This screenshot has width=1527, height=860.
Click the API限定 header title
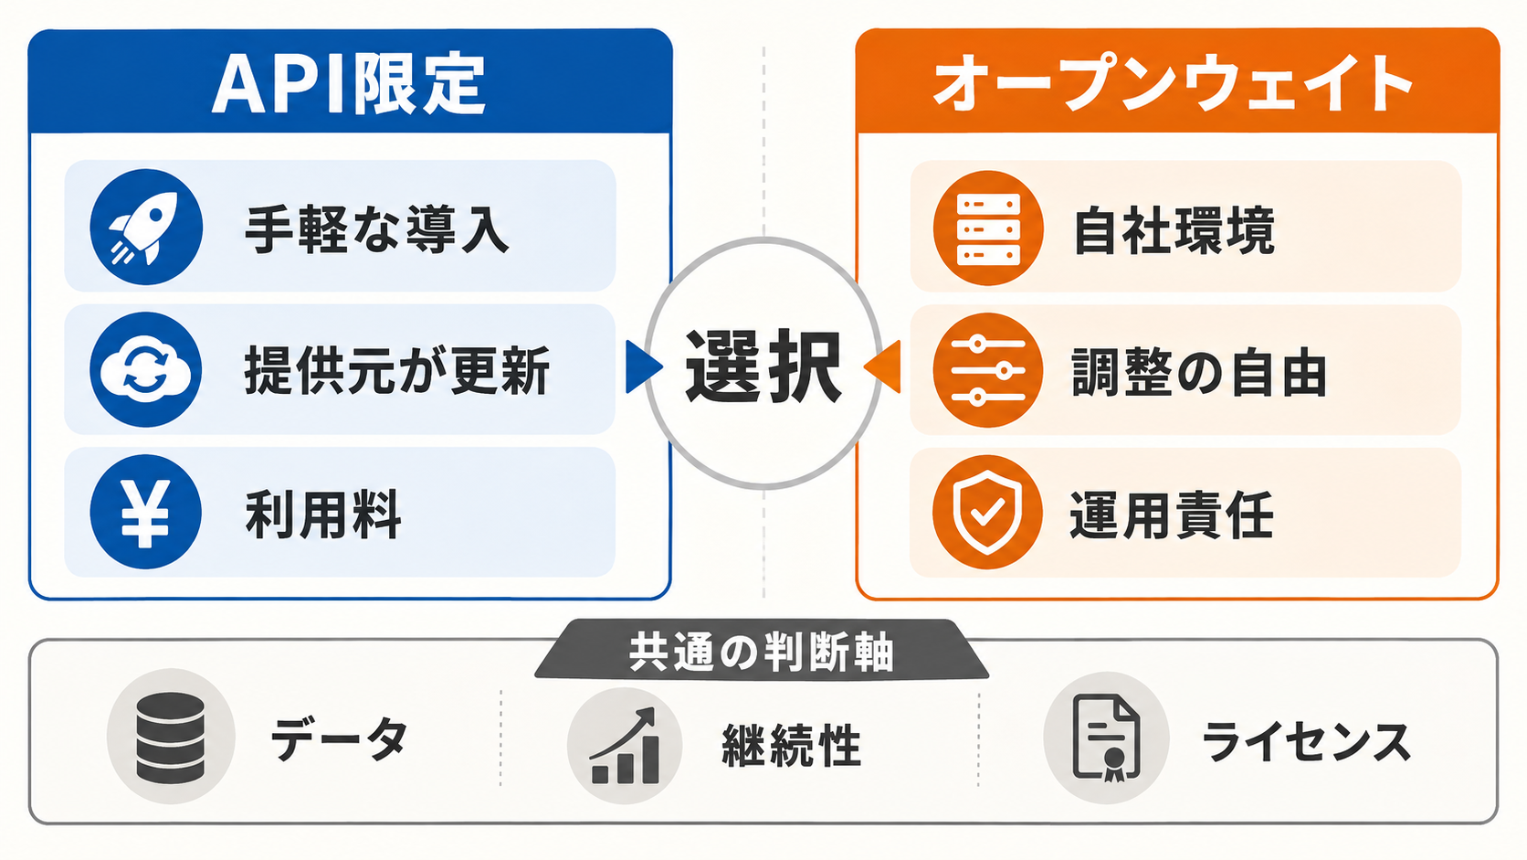point(348,85)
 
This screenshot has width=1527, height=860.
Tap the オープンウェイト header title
point(1173,84)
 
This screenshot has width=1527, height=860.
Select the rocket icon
point(146,227)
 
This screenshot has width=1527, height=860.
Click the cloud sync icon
point(146,369)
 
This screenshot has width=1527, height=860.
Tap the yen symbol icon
point(146,512)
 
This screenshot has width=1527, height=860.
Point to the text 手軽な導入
point(377,229)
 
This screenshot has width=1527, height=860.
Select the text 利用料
point(322,515)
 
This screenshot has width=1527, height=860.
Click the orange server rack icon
point(988,228)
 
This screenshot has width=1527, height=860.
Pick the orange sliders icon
point(988,370)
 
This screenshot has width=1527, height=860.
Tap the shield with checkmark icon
point(988,512)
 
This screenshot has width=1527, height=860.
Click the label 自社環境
point(1174,230)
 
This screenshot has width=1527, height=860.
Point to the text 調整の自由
point(1199,372)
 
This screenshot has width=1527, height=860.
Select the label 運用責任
point(1172,515)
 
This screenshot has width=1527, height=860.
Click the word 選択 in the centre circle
point(763,366)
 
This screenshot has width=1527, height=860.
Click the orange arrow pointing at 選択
point(882,366)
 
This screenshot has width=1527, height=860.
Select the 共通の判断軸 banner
point(762,650)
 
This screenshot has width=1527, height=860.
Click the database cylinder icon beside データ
point(171,738)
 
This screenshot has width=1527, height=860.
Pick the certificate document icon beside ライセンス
point(1106,738)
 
